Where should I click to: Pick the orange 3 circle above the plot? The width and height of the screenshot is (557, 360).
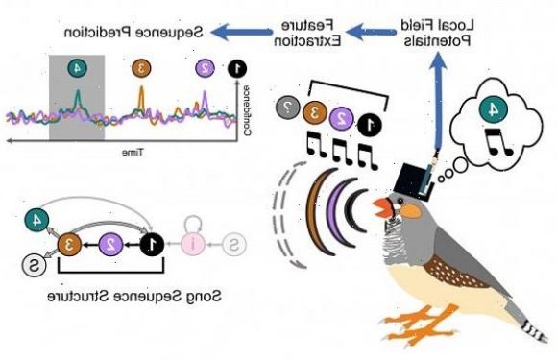(x=140, y=67)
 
